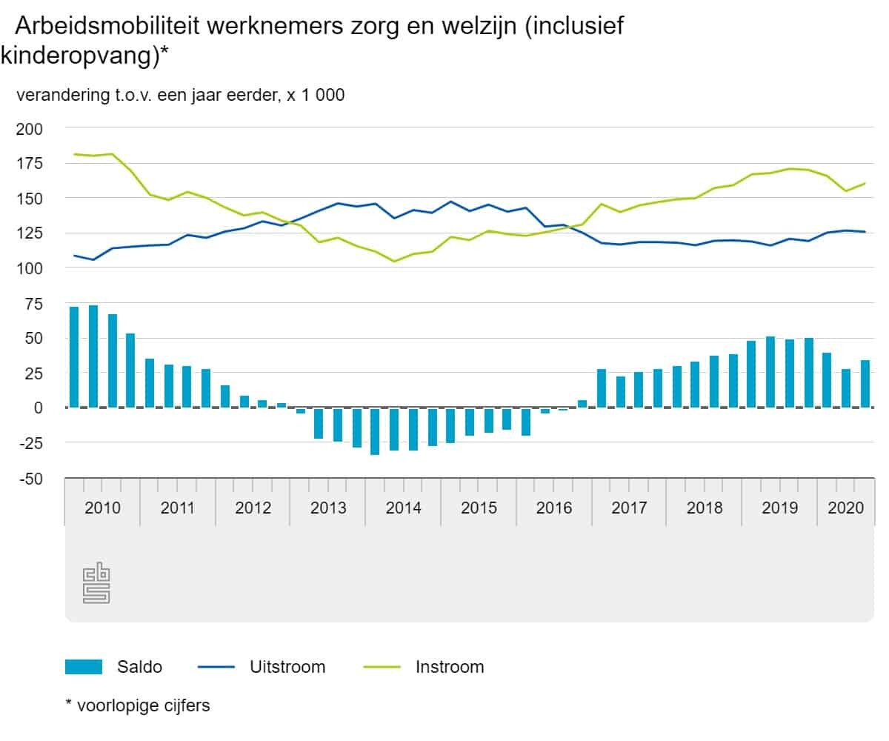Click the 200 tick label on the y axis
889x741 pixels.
click(30, 129)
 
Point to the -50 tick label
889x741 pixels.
click(30, 479)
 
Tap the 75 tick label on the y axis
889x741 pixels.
click(34, 304)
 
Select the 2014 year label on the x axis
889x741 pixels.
click(403, 508)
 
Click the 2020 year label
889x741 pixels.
click(845, 508)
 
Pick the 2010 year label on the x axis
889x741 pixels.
click(102, 508)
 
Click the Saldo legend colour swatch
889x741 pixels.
click(84, 667)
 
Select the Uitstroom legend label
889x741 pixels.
click(287, 667)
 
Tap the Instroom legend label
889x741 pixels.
click(450, 667)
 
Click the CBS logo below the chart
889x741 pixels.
click(96, 582)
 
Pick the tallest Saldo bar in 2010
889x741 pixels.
click(93, 356)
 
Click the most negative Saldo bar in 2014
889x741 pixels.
click(375, 431)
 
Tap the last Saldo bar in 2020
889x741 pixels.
click(865, 384)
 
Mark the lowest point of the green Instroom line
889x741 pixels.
click(394, 261)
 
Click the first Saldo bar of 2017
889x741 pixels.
click(601, 388)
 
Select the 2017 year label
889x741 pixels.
click(629, 508)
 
